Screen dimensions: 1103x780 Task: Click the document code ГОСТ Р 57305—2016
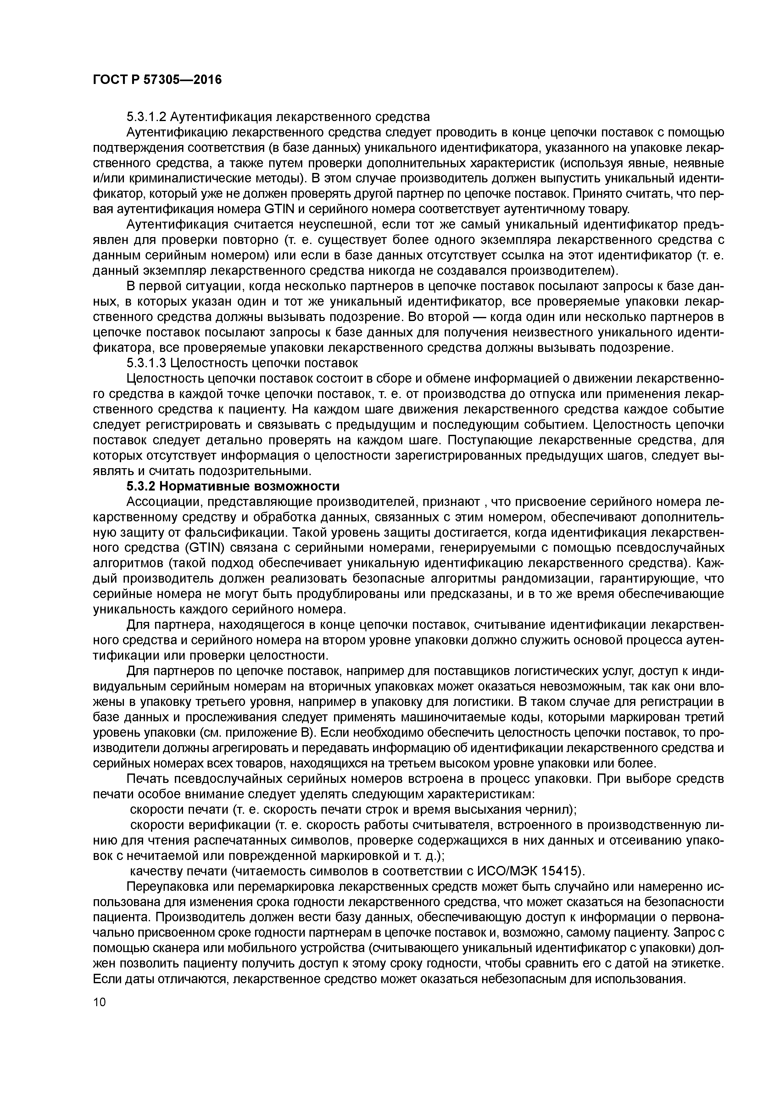coord(157,79)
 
